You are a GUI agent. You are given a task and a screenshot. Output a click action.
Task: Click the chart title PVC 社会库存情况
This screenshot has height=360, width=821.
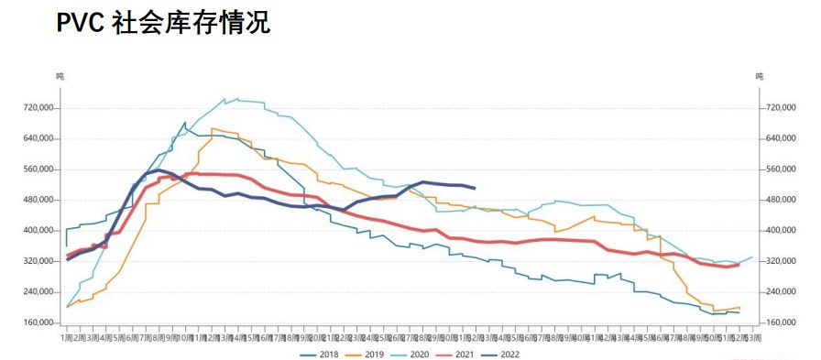pos(163,23)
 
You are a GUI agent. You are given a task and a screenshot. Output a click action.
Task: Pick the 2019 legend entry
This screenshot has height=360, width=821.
pos(370,352)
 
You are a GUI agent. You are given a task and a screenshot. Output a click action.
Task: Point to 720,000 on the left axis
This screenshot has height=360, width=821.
pos(40,108)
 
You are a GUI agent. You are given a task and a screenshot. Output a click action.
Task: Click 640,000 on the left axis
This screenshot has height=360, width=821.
pos(40,138)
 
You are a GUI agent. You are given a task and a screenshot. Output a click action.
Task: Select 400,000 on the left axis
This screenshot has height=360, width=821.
pos(40,231)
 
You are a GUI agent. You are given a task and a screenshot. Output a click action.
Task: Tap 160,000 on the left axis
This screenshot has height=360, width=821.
pos(40,322)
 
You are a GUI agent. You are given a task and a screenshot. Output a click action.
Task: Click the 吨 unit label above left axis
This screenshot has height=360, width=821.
pos(60,76)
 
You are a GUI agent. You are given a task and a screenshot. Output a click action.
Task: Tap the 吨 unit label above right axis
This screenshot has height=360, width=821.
pos(759,76)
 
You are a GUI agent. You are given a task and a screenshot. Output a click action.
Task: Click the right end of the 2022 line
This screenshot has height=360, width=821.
pos(475,188)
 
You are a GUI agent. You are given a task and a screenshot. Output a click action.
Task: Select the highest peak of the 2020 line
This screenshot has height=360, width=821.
pos(225,98)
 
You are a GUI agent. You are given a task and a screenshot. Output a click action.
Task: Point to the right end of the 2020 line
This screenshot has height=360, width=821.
pos(752,257)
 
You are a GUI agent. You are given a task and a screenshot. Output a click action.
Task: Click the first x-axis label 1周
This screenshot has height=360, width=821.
pos(68,338)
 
